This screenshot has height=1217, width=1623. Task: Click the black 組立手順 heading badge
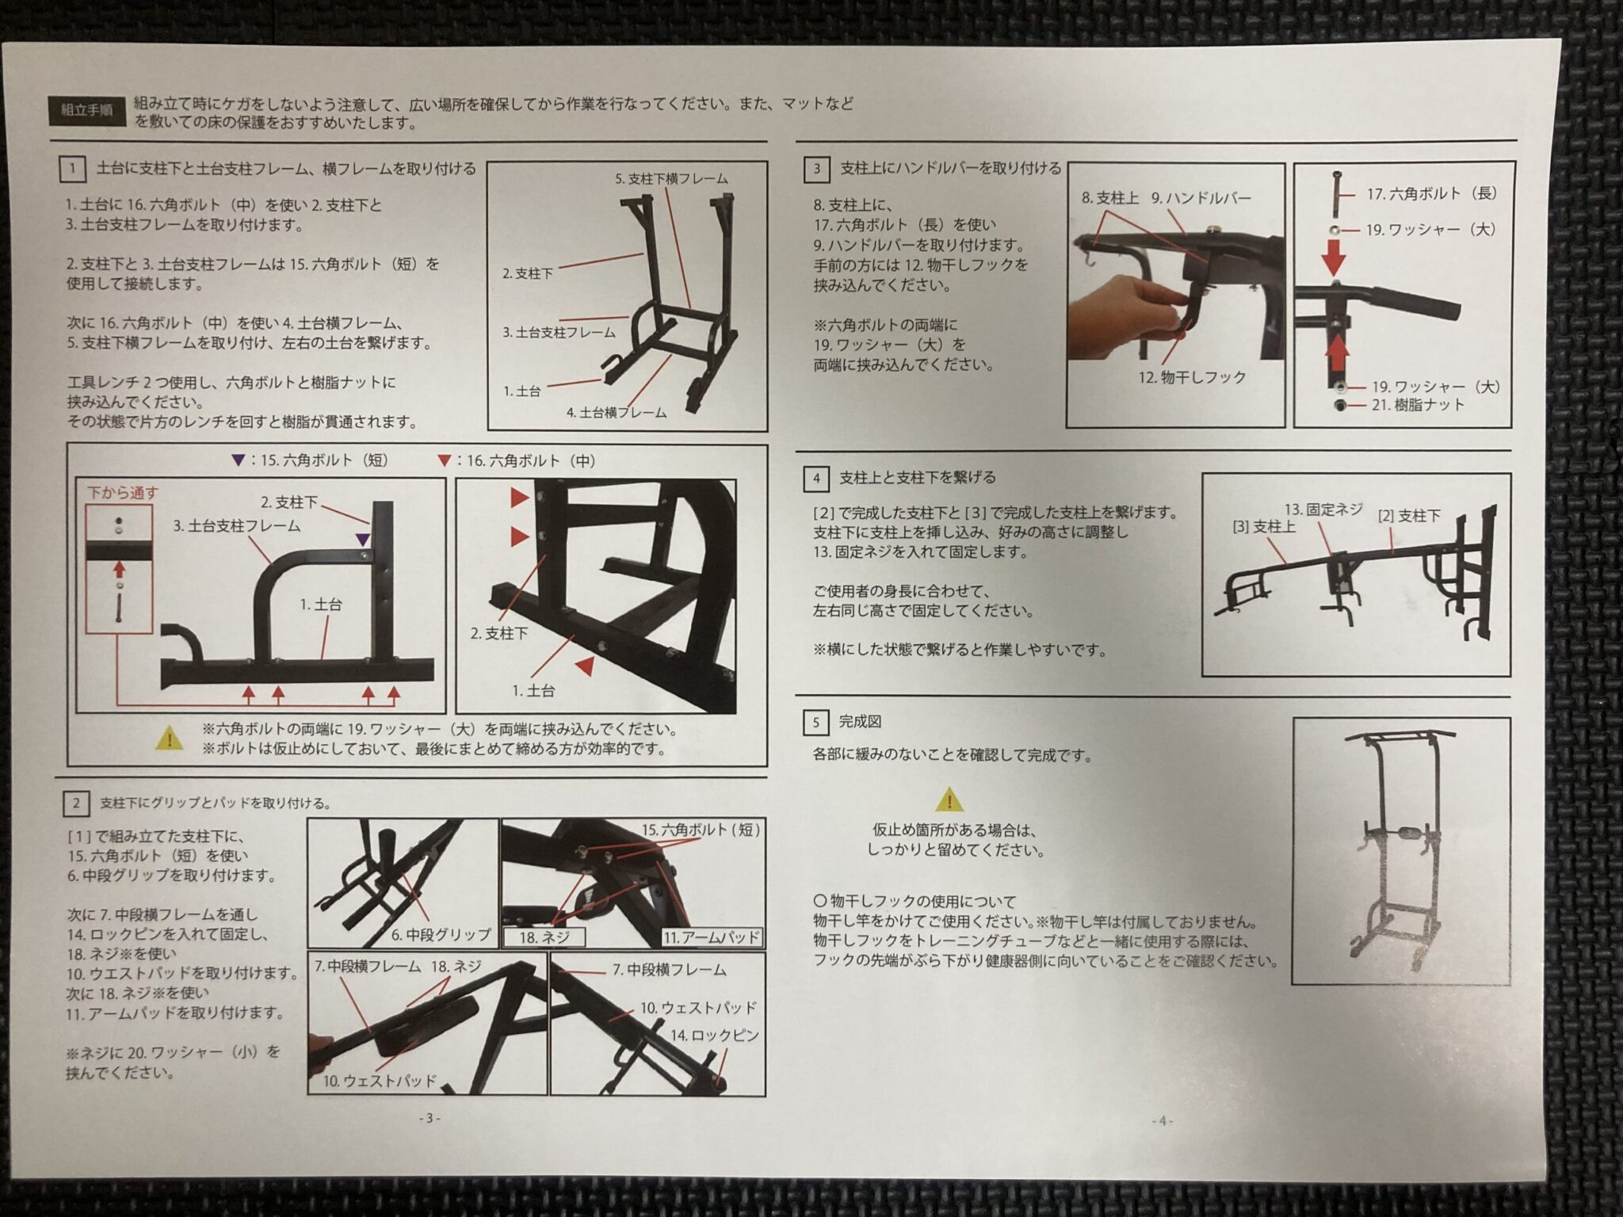coord(86,110)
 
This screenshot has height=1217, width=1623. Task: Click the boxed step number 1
coord(72,169)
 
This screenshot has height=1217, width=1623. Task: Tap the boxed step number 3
coord(816,169)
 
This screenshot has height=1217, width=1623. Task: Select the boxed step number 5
coord(815,722)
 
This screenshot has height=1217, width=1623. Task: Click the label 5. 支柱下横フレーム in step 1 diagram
coord(670,179)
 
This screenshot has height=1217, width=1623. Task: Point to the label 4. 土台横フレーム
coord(616,412)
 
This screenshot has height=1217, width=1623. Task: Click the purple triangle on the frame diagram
coord(362,540)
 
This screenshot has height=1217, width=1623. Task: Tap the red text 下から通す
coord(122,493)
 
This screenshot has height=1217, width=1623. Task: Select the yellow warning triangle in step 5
coord(949,800)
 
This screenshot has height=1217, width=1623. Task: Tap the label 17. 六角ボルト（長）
coord(1431,193)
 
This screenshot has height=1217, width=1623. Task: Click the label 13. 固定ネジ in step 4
coord(1323,509)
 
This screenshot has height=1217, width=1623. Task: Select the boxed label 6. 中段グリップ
coord(441,935)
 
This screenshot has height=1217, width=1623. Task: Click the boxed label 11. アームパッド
coord(712,937)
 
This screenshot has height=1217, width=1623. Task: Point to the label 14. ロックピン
coord(714,1036)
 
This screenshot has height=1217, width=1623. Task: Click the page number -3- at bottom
coord(429,1119)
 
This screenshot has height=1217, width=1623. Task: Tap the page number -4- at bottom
coord(1162,1120)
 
